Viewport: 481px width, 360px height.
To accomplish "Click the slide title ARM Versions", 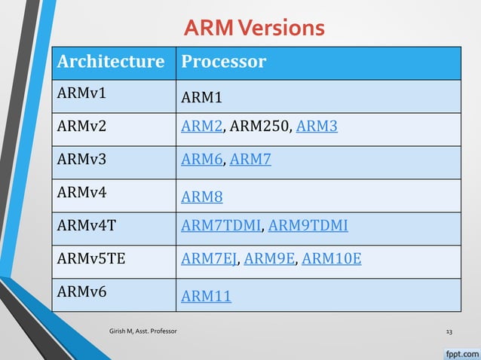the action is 254,28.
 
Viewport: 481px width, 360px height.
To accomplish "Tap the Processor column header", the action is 223,62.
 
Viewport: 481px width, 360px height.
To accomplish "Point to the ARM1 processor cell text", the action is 202,98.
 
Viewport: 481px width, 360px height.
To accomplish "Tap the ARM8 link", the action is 202,197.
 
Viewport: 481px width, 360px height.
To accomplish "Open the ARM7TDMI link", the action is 220,225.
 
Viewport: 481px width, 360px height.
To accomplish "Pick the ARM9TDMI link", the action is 308,225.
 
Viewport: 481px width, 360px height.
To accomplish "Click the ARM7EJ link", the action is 209,259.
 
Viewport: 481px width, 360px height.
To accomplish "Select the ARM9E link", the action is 268,259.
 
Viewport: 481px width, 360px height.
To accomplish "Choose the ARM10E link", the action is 331,259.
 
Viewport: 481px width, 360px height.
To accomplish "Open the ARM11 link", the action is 206,297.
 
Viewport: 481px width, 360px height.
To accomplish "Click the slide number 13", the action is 449,331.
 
